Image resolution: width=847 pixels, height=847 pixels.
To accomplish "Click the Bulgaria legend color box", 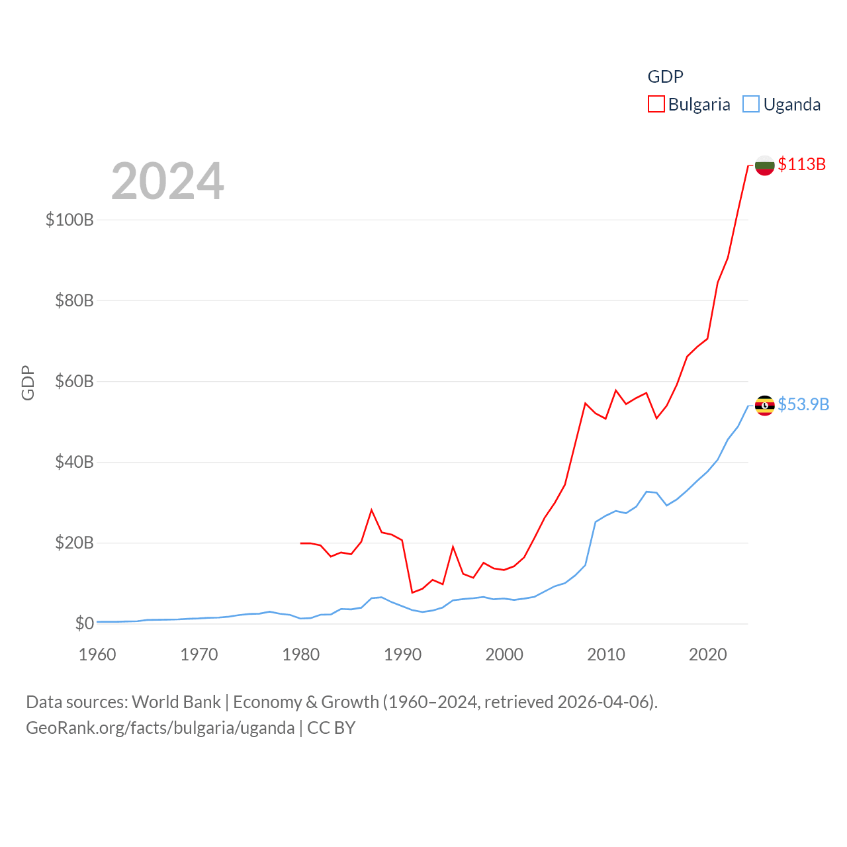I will pos(656,105).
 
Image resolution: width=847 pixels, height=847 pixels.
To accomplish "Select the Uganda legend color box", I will pos(751,105).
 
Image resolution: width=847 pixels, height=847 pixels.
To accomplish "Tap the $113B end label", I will pos(801,164).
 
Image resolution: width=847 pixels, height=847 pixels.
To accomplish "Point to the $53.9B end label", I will pos(803,404).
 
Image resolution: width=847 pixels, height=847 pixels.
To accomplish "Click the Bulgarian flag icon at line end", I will pos(764,165).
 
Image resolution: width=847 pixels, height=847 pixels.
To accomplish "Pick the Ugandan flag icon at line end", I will pos(764,405).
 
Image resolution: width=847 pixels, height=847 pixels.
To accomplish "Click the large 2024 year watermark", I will pos(167,181).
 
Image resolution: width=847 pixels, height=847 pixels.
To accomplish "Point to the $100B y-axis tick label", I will pos(69,220).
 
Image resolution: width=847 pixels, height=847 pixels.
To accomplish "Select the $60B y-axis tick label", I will pos(74,381).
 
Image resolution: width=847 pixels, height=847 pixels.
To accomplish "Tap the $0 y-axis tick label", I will pos(84,623).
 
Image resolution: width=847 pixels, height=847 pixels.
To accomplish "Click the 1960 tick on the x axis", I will pos(97,654).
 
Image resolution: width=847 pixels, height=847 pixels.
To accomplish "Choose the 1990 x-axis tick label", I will pos(402,654).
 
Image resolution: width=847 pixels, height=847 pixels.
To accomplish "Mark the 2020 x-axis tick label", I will pos(707,654).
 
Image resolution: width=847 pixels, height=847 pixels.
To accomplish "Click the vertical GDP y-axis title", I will pos(28,382).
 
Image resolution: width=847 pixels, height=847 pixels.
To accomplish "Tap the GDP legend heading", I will pos(665,77).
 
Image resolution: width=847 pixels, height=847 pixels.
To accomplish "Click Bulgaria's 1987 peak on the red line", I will pos(372,510).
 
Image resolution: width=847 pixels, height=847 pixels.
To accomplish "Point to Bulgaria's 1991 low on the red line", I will pos(412,592).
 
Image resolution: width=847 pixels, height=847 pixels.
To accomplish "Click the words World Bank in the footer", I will pos(176,701).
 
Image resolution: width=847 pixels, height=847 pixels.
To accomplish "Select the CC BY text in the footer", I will pos(332,728).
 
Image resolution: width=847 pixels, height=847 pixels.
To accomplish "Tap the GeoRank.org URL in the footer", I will pos(160,728).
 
